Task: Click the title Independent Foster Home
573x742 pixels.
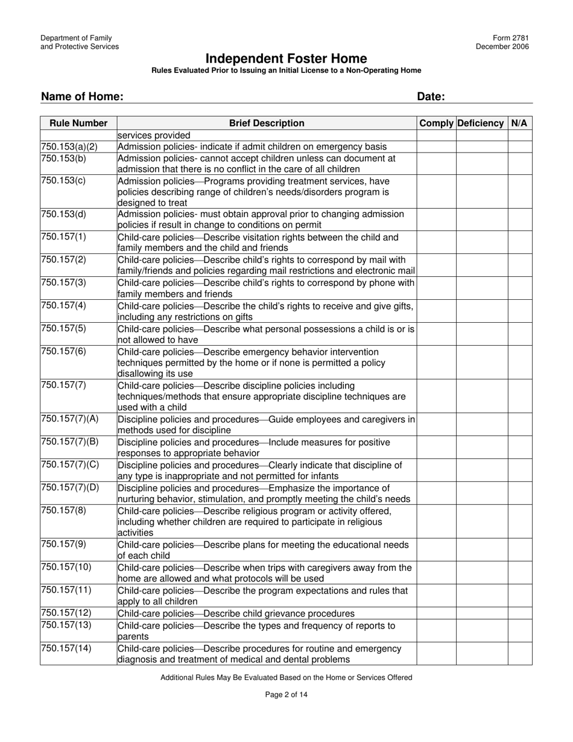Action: pos(286,59)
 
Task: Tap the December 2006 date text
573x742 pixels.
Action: pos(502,47)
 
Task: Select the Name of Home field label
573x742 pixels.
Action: pos(83,97)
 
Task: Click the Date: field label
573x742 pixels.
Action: pos(431,97)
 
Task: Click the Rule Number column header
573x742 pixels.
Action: pos(78,123)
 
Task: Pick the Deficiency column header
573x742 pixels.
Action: pos(481,123)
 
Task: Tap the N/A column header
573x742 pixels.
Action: pos(519,123)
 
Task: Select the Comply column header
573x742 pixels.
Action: pos(436,123)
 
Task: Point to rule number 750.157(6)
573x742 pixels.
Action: pos(63,352)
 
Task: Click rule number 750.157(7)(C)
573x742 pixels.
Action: pos(69,465)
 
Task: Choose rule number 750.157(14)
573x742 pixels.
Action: pos(66,648)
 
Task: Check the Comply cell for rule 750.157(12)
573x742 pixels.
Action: pos(437,614)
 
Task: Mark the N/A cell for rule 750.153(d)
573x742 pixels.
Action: pos(519,220)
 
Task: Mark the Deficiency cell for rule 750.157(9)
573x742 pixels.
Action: pos(481,550)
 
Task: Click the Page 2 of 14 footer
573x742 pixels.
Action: pos(286,694)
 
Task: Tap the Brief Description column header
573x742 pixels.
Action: pos(267,123)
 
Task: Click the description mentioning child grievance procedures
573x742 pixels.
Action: pos(236,614)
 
